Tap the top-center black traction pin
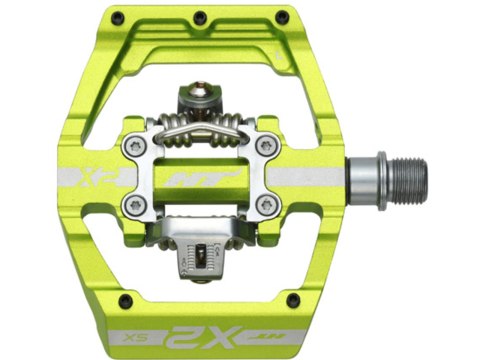click(202, 17)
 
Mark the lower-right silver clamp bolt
click(264, 207)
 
